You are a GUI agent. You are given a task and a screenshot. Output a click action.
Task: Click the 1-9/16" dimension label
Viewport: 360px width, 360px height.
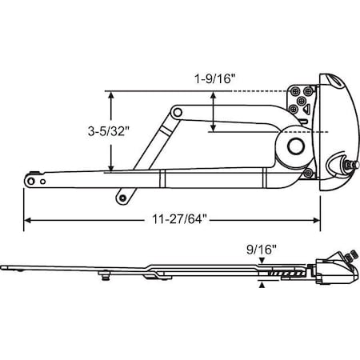[214, 80]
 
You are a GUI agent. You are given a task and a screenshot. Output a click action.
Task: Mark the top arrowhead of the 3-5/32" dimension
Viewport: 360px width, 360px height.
[112, 94]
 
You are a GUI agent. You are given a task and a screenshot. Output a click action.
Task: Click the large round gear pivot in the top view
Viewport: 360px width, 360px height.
[295, 146]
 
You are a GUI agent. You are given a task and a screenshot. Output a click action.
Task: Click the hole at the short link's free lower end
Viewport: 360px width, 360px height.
[121, 194]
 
